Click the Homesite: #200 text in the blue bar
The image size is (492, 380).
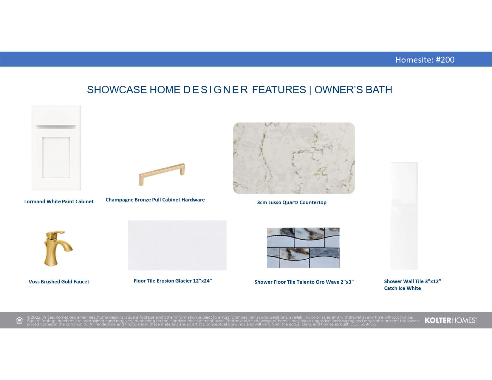425,60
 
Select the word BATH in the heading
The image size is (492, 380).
379,90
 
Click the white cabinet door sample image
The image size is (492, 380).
56,147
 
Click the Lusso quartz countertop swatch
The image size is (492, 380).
294,158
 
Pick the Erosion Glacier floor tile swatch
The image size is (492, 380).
177,245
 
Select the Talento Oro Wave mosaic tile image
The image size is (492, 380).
303,248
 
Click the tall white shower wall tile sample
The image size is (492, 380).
404,216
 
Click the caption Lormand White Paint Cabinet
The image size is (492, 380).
59,201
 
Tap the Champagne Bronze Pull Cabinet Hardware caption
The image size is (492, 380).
155,200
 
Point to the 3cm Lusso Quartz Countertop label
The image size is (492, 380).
292,202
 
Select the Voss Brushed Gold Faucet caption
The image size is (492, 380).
59,282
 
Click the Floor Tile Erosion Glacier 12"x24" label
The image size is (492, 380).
173,281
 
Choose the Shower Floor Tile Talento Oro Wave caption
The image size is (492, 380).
304,282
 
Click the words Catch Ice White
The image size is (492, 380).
402,288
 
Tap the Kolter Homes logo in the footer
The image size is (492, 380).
451,320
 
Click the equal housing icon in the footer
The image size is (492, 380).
19,320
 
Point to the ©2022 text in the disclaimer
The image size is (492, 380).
34,317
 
